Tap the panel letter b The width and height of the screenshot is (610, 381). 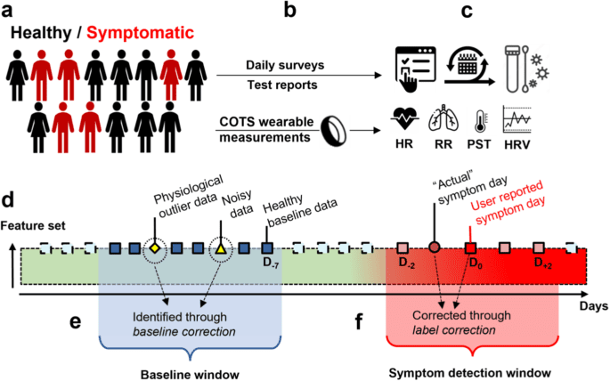[x=289, y=12]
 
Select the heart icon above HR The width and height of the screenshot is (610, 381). [x=407, y=119]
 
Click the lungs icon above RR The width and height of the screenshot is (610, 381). [x=443, y=119]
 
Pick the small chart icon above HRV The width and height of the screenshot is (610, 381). [x=516, y=119]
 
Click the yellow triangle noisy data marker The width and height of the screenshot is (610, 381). [x=221, y=248]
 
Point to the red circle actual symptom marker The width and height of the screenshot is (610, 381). [x=434, y=248]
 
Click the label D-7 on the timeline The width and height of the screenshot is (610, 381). [x=267, y=264]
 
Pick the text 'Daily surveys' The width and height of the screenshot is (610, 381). [x=258, y=67]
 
